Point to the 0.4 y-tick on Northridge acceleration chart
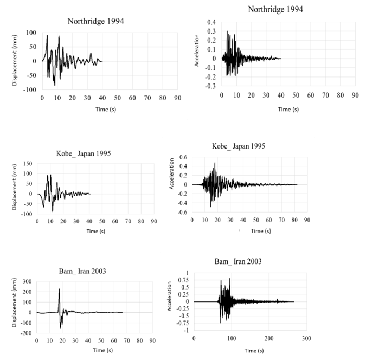(x=210, y=22)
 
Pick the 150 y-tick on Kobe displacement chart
(x=27, y=163)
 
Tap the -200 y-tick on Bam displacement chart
(x=25, y=332)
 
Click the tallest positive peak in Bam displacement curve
(x=59, y=289)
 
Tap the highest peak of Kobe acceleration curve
(x=215, y=163)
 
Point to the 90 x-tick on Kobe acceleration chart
(x=307, y=220)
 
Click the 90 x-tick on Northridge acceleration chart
(x=355, y=94)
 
